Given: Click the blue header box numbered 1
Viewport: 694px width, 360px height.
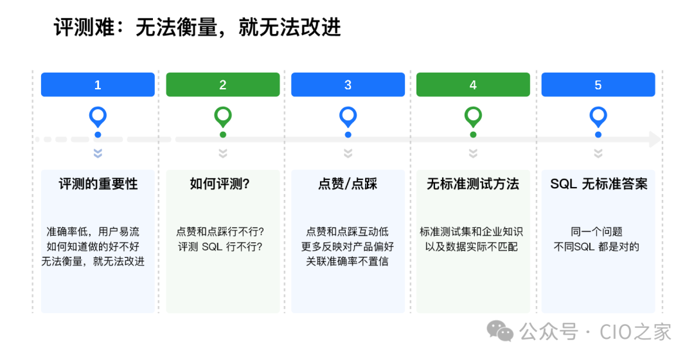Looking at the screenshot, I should coord(98,85).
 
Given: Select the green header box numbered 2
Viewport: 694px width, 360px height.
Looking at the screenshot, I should coord(223,85).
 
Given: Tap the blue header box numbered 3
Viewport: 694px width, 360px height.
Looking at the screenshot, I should coord(348,85).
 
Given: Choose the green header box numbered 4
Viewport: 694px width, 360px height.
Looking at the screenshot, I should coord(473,85).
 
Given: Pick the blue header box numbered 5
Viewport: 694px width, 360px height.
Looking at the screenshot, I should coord(598,85).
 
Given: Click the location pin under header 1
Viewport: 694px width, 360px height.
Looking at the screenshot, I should coord(98,117).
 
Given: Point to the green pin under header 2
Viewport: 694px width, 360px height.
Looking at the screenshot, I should coord(223,117).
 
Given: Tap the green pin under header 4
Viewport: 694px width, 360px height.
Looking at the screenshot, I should coord(473,117).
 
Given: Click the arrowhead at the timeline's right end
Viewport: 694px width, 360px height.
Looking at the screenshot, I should coord(655,139).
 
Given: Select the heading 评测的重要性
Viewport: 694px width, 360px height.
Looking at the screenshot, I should coord(98,184).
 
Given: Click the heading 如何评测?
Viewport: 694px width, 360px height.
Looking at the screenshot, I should coord(220,184).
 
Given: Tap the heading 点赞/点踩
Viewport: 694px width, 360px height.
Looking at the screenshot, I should coord(348,184).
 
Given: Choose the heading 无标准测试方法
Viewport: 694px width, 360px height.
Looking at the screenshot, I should coord(473,184).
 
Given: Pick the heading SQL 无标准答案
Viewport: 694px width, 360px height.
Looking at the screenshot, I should coord(598,184).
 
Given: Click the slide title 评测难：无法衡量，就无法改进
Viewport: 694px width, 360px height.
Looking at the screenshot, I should coord(198,28).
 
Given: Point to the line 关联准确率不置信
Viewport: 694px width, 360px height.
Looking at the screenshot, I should coord(348,262).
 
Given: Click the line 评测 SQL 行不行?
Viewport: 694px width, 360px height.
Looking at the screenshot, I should coord(220,247).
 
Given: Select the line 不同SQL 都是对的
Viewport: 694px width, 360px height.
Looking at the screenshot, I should coord(596,247).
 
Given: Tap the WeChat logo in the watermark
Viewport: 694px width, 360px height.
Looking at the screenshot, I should coord(500,332).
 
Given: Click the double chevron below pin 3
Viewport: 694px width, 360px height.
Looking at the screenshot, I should coord(348,154).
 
